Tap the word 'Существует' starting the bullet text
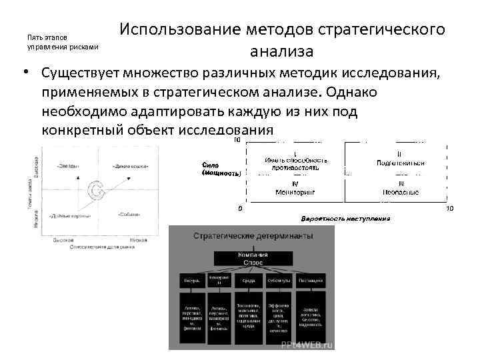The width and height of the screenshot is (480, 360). pyautogui.click(x=87, y=72)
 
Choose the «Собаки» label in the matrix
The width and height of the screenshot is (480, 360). pyautogui.click(x=128, y=215)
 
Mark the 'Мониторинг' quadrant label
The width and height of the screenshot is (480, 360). pyautogui.click(x=295, y=192)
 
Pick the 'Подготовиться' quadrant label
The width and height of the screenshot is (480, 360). pyautogui.click(x=401, y=162)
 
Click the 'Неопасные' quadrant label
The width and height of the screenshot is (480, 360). pyautogui.click(x=400, y=192)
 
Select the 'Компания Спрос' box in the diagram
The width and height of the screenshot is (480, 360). pyautogui.click(x=243, y=259)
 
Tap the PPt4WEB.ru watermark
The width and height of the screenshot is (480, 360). pyautogui.click(x=307, y=345)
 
